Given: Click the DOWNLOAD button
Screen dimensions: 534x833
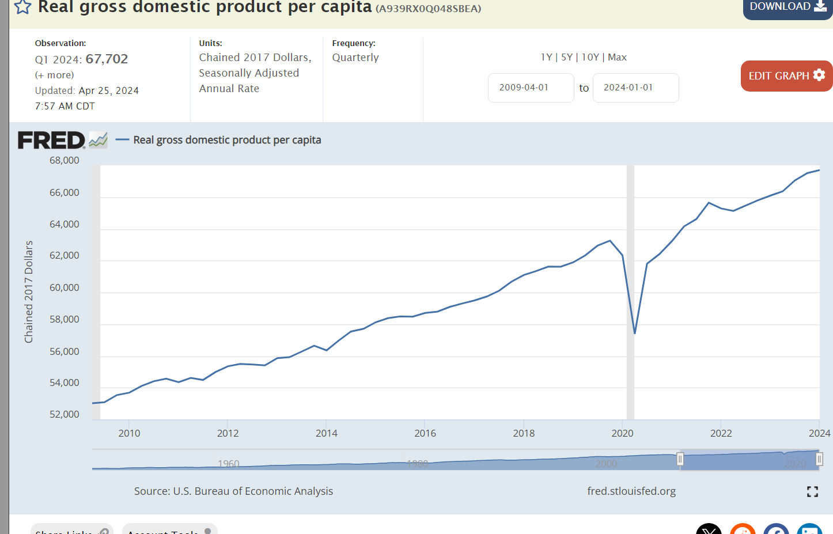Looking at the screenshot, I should point(787,7).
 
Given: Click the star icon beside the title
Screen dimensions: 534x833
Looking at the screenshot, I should point(22,7).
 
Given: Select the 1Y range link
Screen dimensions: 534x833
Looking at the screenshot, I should point(546,57).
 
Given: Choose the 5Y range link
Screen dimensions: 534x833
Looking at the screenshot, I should point(567,57).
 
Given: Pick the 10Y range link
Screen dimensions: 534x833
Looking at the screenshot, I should point(590,57).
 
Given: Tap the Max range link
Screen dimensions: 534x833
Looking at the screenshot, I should point(617,57).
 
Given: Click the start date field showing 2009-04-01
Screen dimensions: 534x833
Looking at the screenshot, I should point(531,88).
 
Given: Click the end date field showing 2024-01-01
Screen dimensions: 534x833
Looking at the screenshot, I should point(635,88).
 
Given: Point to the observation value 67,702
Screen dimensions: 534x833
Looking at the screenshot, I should point(107,59).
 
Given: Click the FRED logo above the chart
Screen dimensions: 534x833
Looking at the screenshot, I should point(52,140).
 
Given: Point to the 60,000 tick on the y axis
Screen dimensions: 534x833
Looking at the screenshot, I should point(65,287).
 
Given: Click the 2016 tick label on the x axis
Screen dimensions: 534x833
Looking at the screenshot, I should point(425,433).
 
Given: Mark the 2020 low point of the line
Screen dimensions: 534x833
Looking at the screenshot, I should point(635,333).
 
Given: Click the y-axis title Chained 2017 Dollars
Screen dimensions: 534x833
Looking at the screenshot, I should point(29,291).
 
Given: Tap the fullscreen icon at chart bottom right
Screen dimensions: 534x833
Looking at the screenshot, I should point(812,491).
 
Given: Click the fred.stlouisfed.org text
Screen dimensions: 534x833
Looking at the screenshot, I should point(631,491).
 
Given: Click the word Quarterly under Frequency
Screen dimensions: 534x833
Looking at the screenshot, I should point(355,58).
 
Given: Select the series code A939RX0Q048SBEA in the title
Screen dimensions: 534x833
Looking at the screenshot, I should point(428,9).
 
